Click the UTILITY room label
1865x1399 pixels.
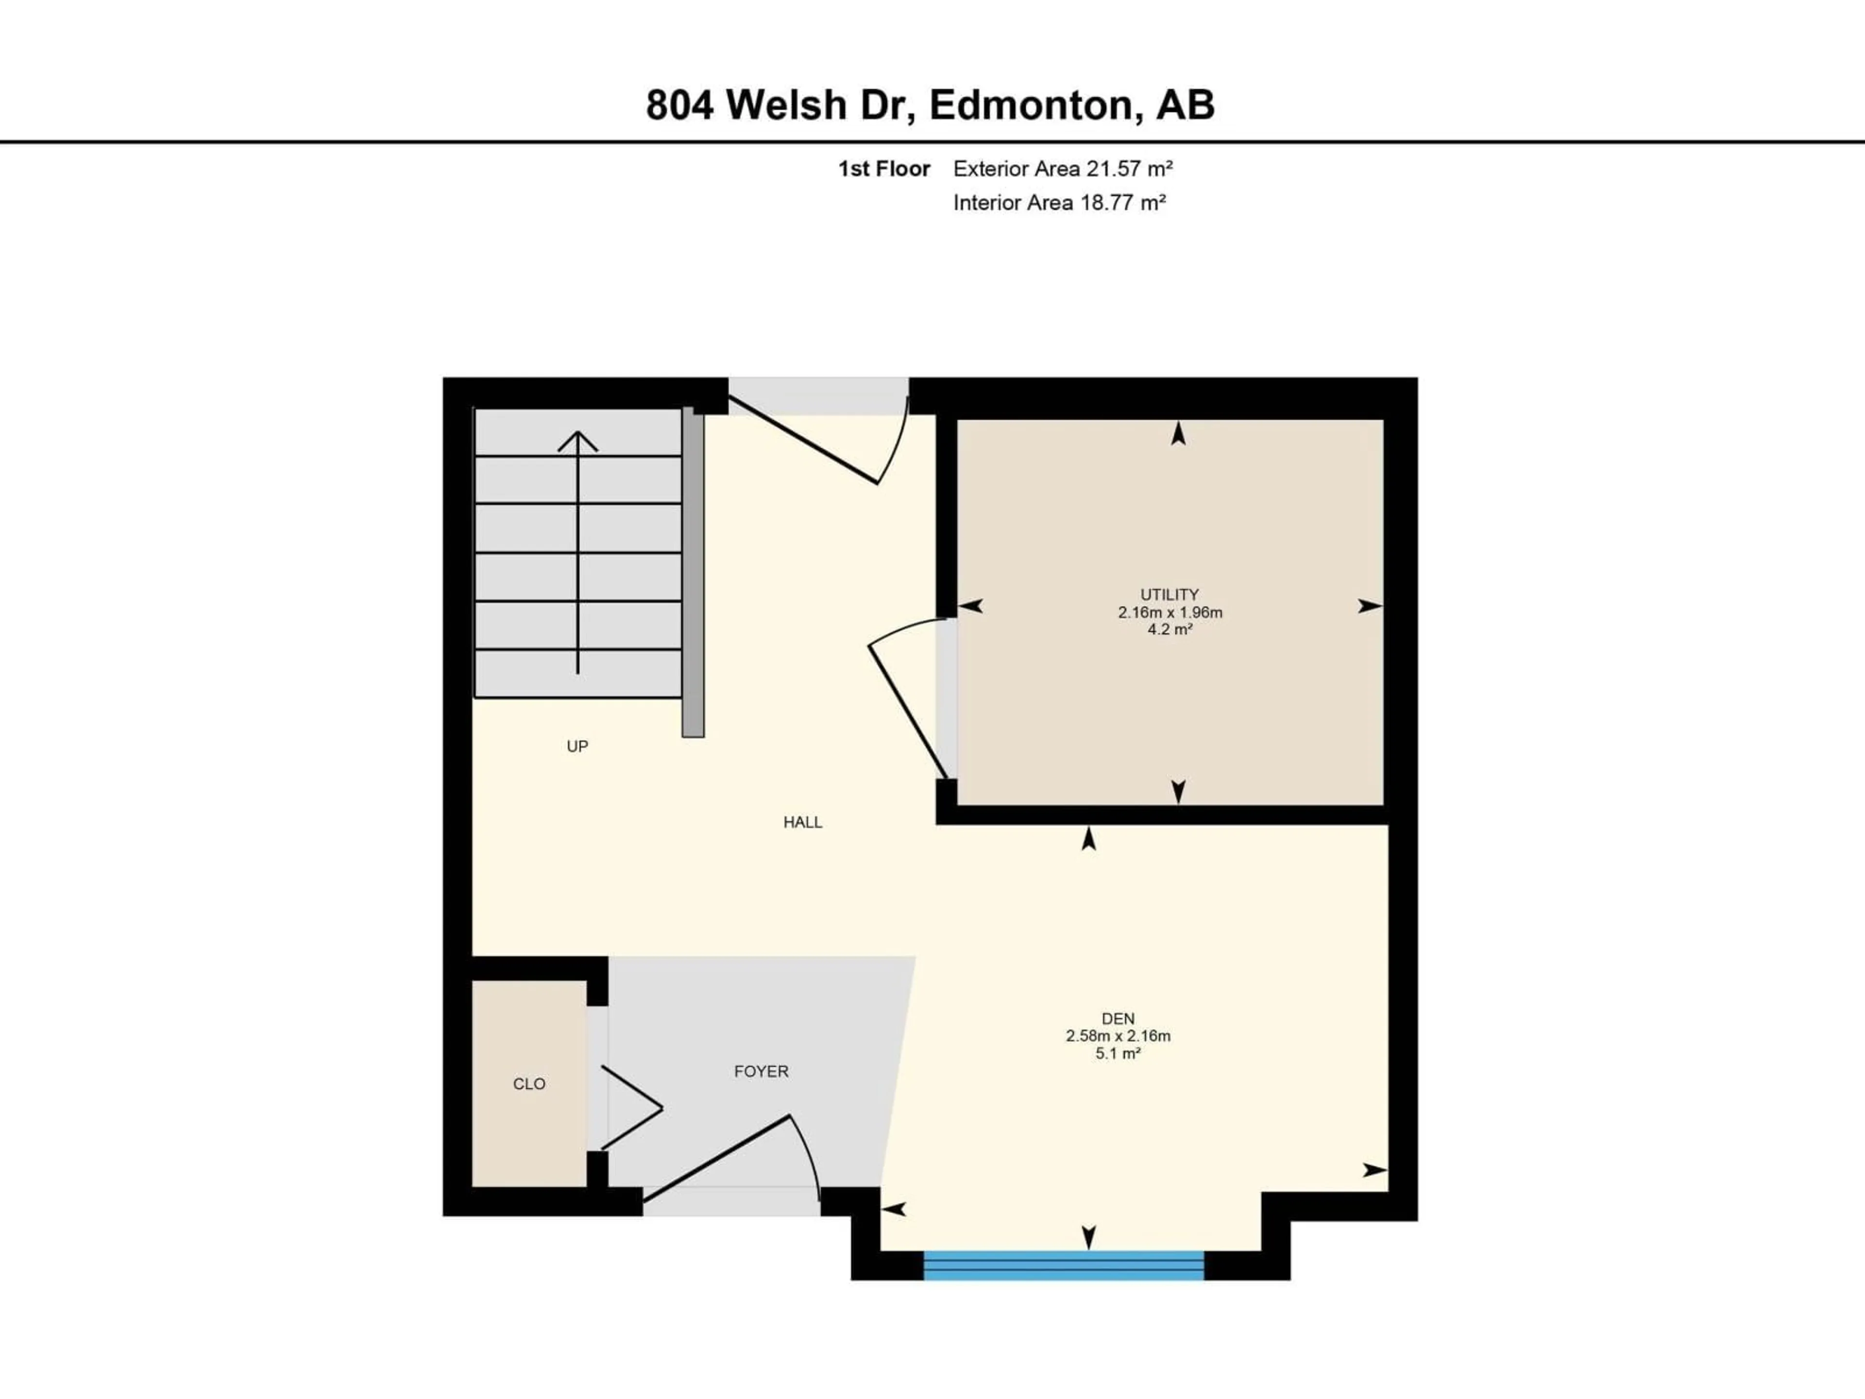(1170, 595)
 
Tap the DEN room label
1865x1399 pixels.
(1118, 1019)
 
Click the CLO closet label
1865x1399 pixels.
(528, 1084)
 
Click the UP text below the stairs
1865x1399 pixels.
(576, 746)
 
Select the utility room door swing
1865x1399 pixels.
(906, 692)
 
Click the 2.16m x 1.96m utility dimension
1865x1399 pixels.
(1170, 612)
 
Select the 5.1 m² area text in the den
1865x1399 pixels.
(1118, 1053)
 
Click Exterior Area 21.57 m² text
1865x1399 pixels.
(1062, 169)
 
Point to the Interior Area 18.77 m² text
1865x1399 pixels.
(1059, 203)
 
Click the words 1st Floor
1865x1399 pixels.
(883, 169)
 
